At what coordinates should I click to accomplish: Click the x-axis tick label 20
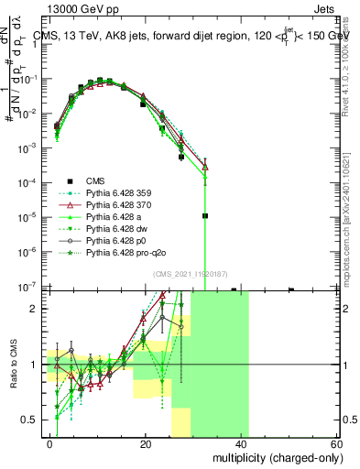[x=146, y=443]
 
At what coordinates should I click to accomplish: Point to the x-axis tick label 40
[x=241, y=443]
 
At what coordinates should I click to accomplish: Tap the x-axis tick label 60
[x=335, y=443]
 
